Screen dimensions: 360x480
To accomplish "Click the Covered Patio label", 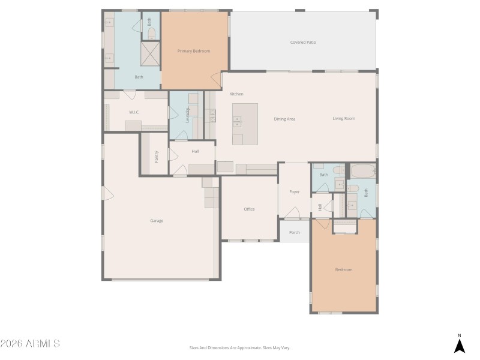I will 303,43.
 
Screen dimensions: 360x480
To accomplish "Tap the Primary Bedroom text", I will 194,51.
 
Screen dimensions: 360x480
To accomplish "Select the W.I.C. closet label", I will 134,112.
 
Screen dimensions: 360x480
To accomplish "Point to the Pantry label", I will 155,157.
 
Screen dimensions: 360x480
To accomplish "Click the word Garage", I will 157,221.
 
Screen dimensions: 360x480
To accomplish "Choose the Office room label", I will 249,209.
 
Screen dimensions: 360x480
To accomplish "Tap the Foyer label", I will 295,192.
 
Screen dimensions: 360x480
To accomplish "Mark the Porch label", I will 295,232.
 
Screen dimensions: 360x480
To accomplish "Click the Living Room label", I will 344,118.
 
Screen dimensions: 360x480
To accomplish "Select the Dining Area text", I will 284,119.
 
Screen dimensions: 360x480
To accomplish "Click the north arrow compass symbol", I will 459,345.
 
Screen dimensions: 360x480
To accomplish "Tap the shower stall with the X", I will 151,54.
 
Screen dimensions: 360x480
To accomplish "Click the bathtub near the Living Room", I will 362,171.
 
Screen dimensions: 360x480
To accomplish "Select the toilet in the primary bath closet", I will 151,33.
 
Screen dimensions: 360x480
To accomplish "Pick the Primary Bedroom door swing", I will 215,79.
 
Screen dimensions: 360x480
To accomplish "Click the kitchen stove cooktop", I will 212,115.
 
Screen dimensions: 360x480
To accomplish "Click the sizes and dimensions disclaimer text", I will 239,347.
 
